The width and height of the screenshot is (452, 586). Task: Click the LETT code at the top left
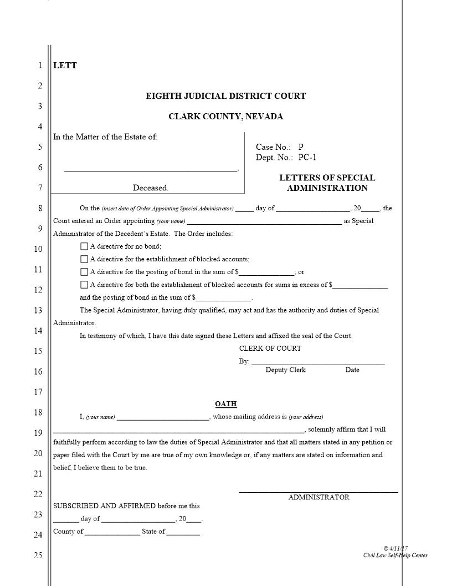tap(65, 65)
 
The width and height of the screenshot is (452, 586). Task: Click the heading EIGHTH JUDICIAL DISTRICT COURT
tap(225, 96)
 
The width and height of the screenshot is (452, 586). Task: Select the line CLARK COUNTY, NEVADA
tap(225, 117)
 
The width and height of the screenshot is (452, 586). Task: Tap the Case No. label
tap(273, 147)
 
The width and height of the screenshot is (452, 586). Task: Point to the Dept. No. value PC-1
tap(307, 158)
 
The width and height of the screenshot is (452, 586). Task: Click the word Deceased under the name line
tap(150, 188)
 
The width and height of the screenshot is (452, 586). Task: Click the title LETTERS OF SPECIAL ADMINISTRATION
tap(327, 183)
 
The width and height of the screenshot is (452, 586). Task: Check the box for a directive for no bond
tap(84, 246)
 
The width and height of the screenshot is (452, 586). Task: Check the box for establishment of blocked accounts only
tap(84, 259)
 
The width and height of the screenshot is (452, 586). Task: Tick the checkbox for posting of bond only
tap(84, 272)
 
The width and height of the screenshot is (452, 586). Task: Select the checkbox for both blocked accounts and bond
tap(84, 285)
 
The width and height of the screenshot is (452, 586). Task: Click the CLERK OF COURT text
tap(270, 348)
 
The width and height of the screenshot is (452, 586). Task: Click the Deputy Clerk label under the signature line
tap(285, 370)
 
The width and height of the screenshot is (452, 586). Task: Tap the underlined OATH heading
tap(226, 404)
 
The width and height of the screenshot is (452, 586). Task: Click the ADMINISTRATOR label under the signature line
tap(319, 497)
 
